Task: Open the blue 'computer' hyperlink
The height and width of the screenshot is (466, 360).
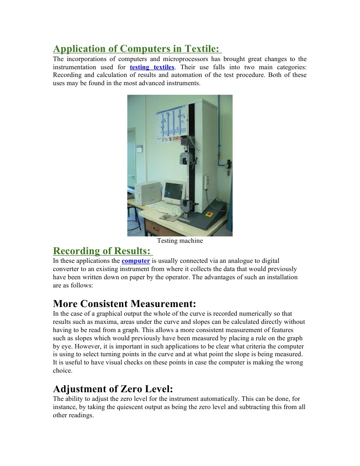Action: [136, 261]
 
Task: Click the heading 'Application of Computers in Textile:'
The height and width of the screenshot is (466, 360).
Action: [137, 49]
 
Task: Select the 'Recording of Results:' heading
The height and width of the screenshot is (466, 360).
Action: [102, 251]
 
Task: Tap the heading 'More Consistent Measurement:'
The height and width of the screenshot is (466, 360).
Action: [124, 303]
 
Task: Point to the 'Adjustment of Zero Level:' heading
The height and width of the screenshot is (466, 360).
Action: [113, 389]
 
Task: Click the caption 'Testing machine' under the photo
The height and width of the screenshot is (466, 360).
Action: [180, 241]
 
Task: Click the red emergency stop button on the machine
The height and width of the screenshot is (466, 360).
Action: [209, 214]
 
